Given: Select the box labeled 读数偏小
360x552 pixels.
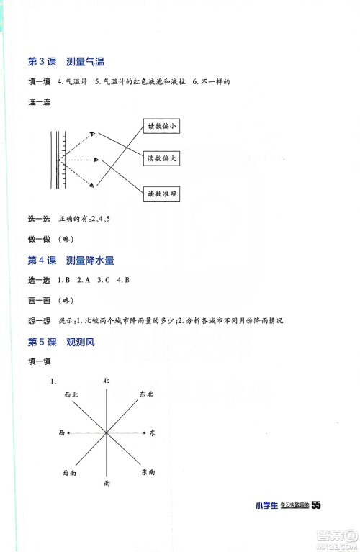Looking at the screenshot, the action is coord(161,127).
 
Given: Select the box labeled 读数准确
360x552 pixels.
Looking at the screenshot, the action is coord(161,193).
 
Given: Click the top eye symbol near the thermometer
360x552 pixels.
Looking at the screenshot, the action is coord(93,133).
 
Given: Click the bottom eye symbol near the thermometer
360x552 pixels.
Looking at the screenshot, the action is coord(93,186).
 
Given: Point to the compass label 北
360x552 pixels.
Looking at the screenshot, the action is coord(106,379).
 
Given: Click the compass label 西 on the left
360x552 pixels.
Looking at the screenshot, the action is coord(61,433).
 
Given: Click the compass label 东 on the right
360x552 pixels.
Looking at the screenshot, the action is coord(153,433).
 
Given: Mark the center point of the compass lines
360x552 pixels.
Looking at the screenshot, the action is coord(106,433).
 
